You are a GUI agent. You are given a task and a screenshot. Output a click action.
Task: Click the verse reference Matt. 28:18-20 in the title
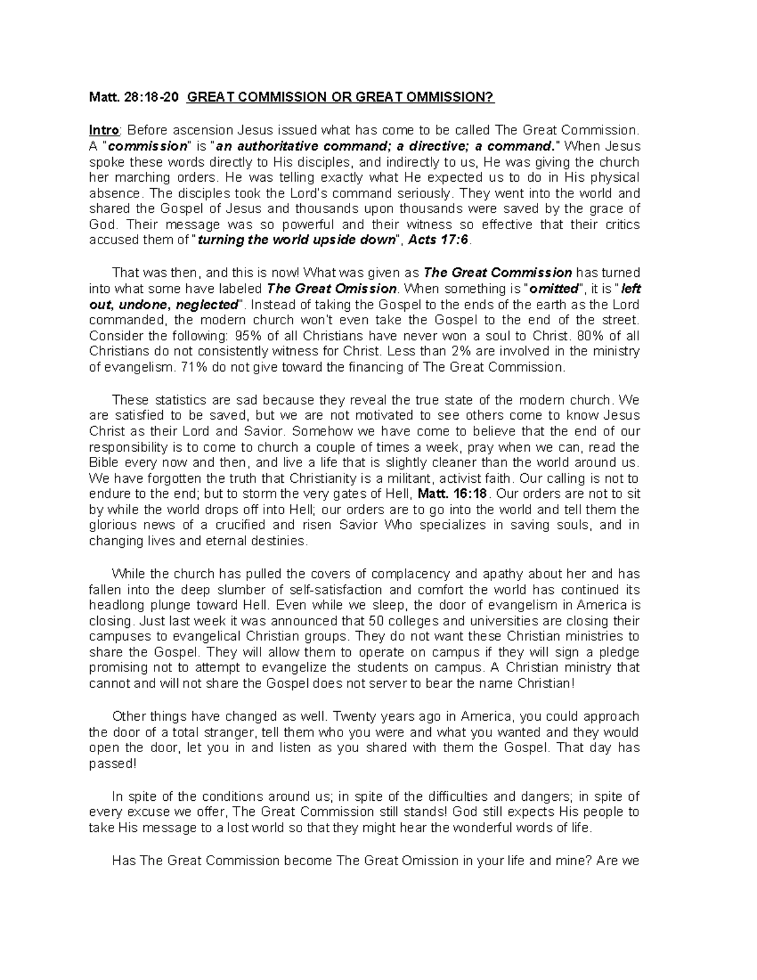click(134, 97)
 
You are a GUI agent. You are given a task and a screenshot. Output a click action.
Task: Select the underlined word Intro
click(104, 130)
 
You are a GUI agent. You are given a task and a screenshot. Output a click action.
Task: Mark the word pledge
click(620, 652)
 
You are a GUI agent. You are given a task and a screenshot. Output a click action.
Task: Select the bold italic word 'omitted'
click(555, 288)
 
